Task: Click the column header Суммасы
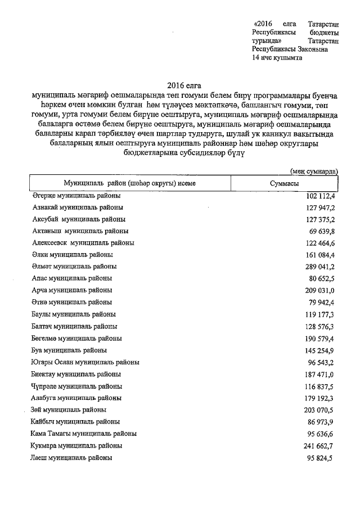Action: tap(284, 184)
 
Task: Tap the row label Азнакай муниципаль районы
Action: tap(76, 207)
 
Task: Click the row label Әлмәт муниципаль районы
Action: tap(74, 266)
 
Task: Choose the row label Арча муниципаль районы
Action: tap(71, 290)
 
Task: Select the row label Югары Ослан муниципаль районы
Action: tap(85, 362)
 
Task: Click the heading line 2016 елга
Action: tap(183, 85)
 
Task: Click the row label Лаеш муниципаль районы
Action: tap(71, 458)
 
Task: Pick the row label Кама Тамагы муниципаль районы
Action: tap(83, 434)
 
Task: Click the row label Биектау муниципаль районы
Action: tap(75, 374)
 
